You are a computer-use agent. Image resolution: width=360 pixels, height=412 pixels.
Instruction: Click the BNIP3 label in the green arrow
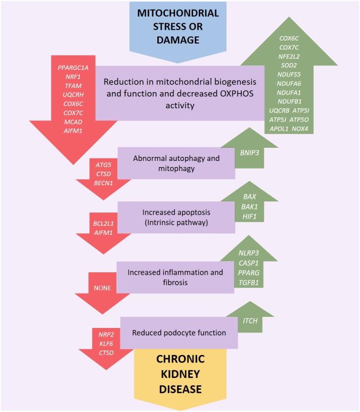point(250,151)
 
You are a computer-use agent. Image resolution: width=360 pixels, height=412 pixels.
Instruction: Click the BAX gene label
point(250,196)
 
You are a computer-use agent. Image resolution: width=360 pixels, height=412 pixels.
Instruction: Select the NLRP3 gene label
point(249,253)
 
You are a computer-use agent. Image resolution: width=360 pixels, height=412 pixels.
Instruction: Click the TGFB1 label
point(249,282)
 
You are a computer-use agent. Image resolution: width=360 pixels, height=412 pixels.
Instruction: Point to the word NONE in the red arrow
point(103,288)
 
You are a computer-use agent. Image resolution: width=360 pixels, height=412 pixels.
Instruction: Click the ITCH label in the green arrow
point(250,320)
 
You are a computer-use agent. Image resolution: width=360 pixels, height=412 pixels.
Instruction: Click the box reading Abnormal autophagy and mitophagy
point(176,163)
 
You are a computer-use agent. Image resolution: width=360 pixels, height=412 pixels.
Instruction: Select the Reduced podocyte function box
point(178,333)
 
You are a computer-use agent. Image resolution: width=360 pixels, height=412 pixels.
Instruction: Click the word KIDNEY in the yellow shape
point(181,374)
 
